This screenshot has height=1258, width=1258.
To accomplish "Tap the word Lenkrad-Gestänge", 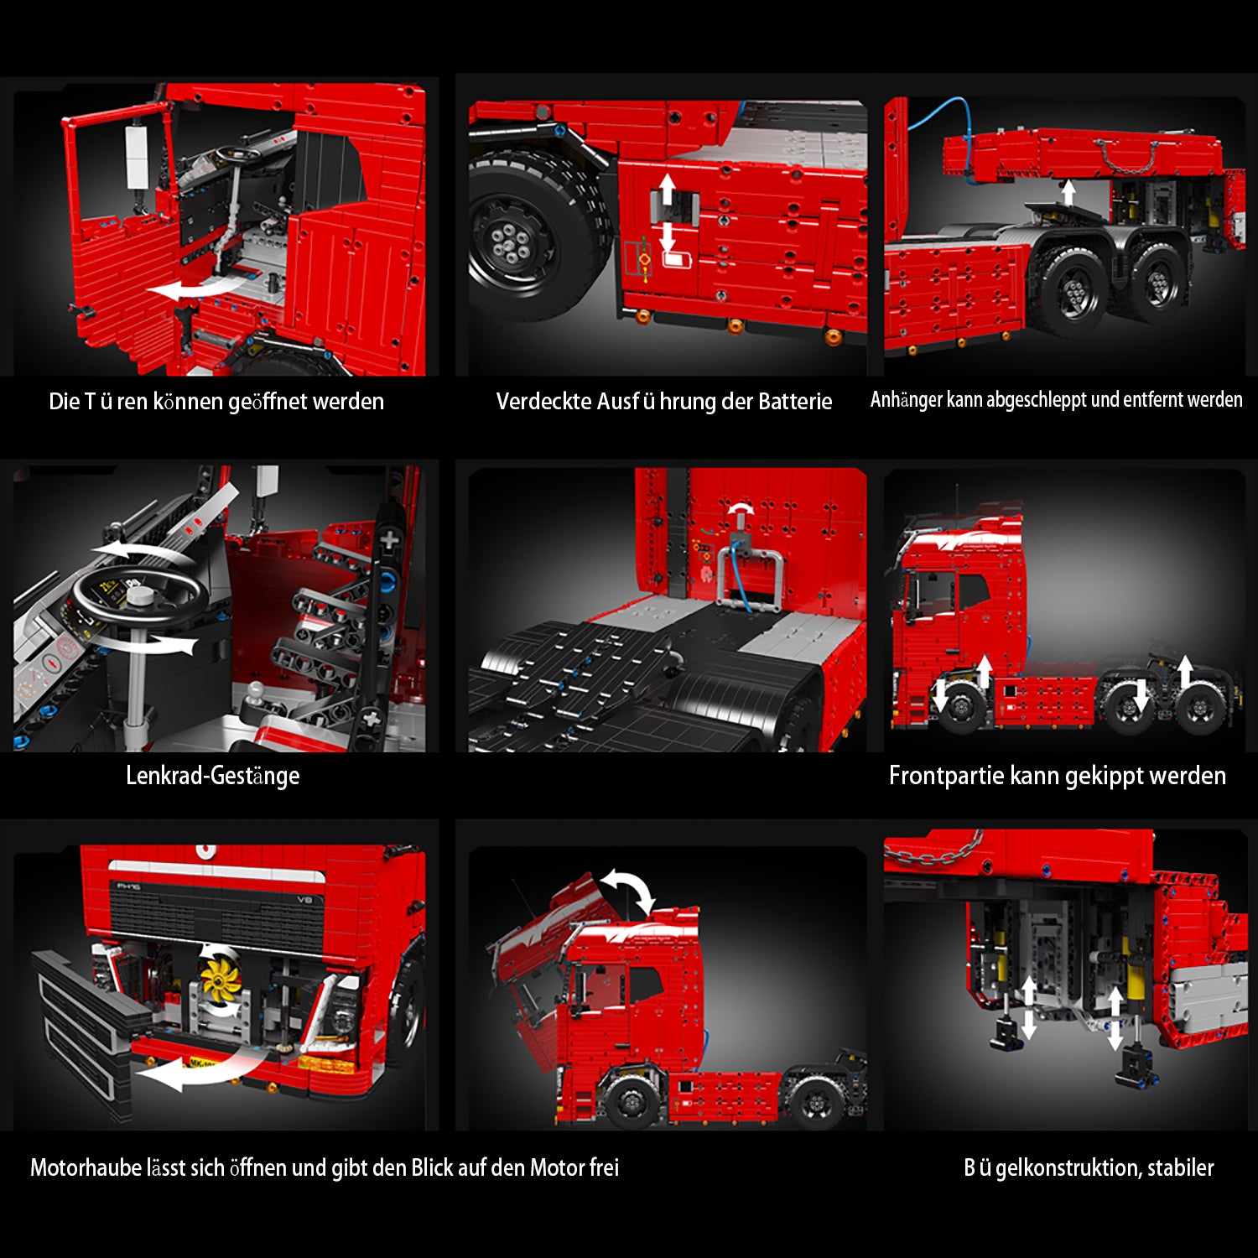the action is pos(212,775).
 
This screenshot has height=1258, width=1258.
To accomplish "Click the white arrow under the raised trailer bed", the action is pos(1068,192).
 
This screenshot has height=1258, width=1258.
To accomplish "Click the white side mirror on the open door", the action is pos(137,157).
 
